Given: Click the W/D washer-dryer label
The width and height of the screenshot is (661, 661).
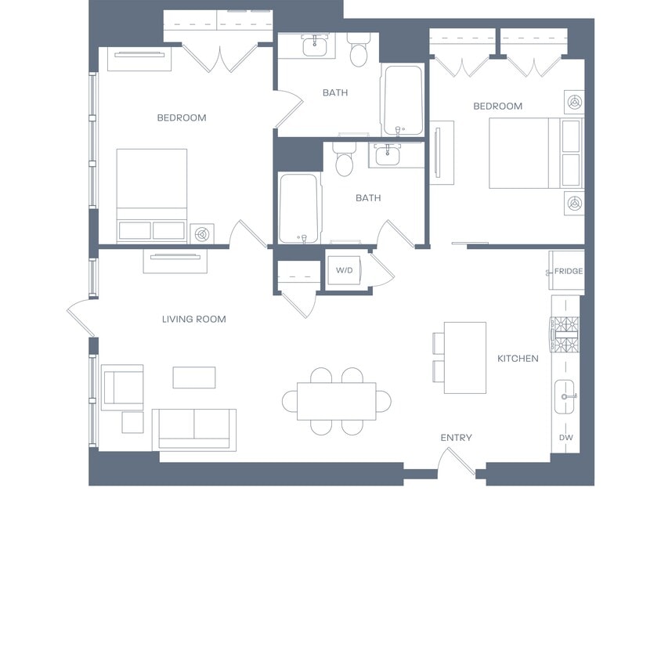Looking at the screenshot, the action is click(344, 270).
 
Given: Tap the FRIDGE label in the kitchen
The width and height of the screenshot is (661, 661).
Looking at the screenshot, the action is click(569, 271).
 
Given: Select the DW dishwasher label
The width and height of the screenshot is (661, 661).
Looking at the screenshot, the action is click(565, 438).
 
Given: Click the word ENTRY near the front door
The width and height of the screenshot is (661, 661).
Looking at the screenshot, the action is click(456, 438).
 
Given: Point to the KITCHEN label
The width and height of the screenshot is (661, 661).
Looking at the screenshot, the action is click(518, 359).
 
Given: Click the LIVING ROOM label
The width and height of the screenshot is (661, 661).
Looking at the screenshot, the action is click(194, 319).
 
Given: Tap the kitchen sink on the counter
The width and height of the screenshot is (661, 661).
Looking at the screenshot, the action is click(564, 397).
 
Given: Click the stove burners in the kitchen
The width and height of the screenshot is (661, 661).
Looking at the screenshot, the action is click(565, 334).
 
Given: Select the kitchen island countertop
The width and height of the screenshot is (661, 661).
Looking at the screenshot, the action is click(465, 358).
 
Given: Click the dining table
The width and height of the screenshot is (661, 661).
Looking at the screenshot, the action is click(337, 401).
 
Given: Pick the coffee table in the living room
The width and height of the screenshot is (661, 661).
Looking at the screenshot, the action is click(194, 377).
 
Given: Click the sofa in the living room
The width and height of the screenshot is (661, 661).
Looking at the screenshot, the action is click(194, 429).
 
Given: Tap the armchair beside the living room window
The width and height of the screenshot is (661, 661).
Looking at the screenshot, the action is click(123, 388).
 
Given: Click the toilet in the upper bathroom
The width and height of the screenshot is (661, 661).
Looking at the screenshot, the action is click(359, 51).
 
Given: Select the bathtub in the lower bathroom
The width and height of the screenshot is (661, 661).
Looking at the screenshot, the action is click(298, 208).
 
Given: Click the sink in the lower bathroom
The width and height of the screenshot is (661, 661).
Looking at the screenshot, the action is click(388, 155).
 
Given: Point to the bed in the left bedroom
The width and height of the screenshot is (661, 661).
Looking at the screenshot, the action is click(152, 196).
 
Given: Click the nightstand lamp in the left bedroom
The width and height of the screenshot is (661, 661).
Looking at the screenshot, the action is click(202, 234).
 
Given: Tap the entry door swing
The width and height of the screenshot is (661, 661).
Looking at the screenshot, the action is click(457, 464).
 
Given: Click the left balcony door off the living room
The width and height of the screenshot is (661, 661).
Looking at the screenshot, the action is click(80, 317).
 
